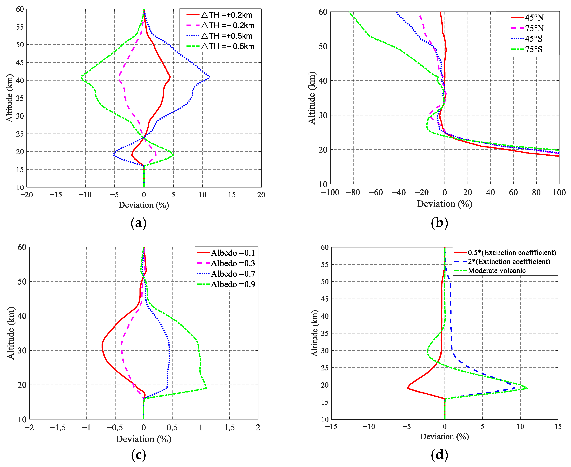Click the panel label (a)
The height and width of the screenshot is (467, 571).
(138, 223)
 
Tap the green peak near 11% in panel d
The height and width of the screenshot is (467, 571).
(527, 388)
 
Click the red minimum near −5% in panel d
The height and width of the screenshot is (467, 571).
(407, 388)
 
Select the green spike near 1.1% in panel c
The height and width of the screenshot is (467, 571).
(206, 388)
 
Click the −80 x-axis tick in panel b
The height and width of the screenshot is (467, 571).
(353, 192)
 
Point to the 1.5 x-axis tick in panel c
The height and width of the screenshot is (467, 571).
(229, 428)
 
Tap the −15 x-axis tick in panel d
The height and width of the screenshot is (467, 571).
(331, 427)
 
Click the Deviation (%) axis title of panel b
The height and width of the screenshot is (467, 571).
(445, 204)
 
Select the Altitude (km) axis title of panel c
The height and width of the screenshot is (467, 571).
(11, 333)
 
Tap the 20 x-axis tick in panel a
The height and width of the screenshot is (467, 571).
(261, 195)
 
